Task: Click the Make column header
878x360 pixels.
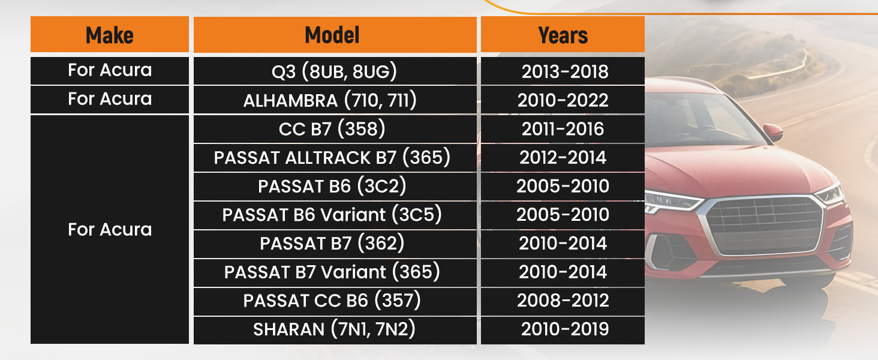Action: click(x=110, y=35)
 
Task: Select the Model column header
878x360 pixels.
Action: click(x=335, y=35)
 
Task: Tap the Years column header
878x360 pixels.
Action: click(x=563, y=35)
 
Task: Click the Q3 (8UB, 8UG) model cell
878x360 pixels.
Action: click(x=335, y=71)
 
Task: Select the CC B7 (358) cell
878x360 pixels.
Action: click(x=335, y=128)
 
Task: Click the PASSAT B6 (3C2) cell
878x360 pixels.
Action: click(x=335, y=186)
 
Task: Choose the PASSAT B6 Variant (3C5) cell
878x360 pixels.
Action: click(x=335, y=215)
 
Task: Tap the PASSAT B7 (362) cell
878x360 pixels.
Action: click(x=335, y=243)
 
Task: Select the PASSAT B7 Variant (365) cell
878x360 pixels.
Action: click(x=335, y=272)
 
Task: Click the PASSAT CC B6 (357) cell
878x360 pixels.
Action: click(x=335, y=301)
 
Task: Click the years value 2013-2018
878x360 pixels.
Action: click(x=565, y=71)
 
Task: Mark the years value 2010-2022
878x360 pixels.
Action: click(x=563, y=100)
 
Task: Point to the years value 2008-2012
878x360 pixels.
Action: click(x=563, y=301)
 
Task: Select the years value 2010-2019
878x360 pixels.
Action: click(x=565, y=329)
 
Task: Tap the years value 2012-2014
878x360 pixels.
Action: click(x=563, y=157)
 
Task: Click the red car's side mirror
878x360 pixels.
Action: click(x=773, y=133)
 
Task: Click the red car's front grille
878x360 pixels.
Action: click(x=764, y=226)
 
